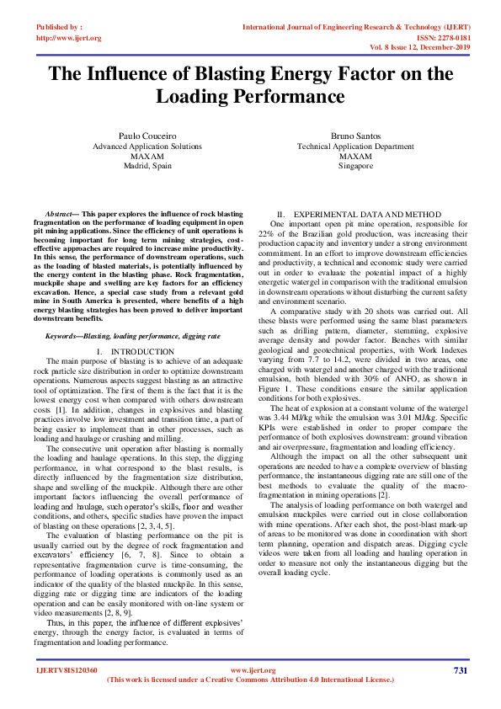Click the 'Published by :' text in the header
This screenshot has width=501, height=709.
pos(59,27)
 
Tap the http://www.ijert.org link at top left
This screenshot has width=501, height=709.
pos(68,38)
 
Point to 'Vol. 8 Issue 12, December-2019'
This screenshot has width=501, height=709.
pos(418,49)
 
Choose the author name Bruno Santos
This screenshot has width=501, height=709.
pos(355,136)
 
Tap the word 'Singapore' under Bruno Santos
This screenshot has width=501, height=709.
pos(355,166)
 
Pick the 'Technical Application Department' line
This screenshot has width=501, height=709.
pos(355,146)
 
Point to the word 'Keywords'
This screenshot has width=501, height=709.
pos(63,312)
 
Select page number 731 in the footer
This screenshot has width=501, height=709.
pos(460,670)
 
